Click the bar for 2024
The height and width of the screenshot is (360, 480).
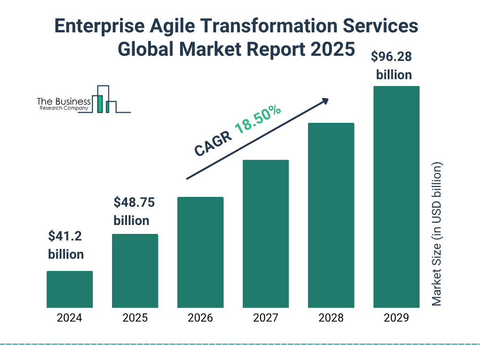click(x=69, y=289)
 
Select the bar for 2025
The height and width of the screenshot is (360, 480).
click(x=135, y=270)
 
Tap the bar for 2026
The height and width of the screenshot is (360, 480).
click(x=200, y=252)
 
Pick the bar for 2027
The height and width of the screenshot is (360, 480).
click(x=265, y=233)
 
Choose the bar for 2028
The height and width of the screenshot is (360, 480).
click(x=331, y=215)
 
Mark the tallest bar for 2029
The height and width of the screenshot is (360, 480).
click(x=396, y=197)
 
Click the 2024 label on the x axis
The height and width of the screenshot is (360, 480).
click(x=69, y=318)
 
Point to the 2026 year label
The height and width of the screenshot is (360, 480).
click(x=200, y=318)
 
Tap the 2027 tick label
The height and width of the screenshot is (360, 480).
click(x=265, y=318)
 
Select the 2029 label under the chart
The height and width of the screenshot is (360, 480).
click(x=396, y=318)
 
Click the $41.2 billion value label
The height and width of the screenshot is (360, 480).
click(x=66, y=245)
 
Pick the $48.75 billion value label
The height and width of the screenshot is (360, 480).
click(x=135, y=211)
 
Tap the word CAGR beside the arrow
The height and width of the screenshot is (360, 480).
click(x=213, y=143)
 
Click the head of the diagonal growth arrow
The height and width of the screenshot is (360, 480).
click(x=325, y=100)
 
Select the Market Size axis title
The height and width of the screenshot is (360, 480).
click(x=437, y=234)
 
